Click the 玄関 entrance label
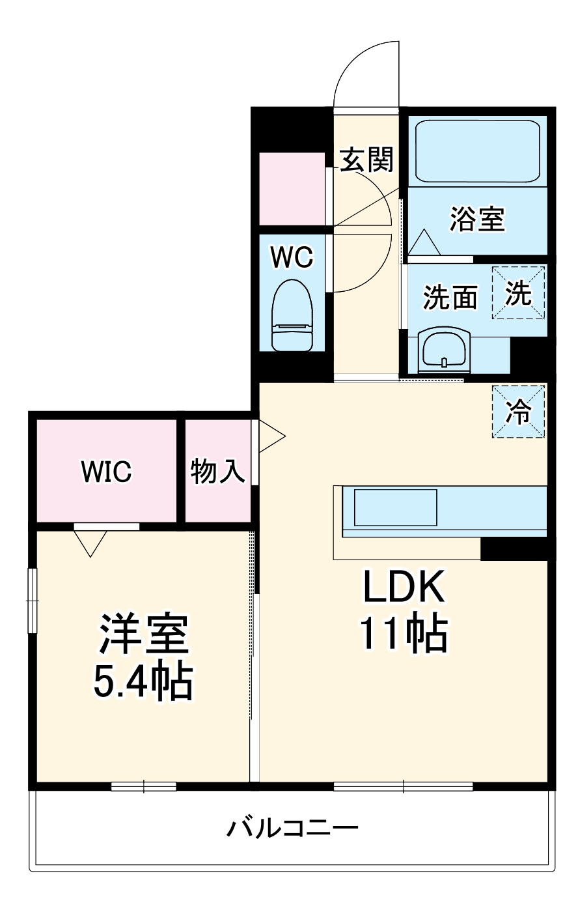[x=367, y=159]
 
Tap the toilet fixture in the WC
[x=292, y=315]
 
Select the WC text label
[x=292, y=257]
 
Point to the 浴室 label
[x=478, y=219]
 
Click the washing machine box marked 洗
[x=519, y=292]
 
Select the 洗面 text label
[x=450, y=298]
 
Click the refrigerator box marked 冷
[x=519, y=412]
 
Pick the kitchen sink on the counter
[x=395, y=507]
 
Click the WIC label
[x=106, y=471]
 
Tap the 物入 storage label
[x=217, y=471]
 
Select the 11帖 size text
[x=404, y=633]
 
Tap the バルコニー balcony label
[x=292, y=829]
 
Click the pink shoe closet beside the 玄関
[x=292, y=189]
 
